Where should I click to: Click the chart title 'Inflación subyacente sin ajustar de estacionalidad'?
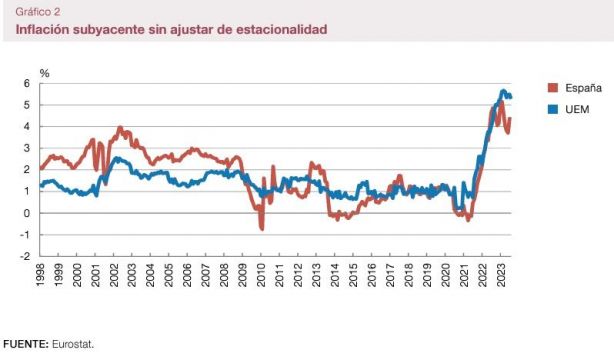[x=171, y=30]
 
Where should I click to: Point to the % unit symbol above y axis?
[x=44, y=73]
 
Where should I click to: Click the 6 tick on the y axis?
[x=26, y=83]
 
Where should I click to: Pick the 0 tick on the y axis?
[x=26, y=213]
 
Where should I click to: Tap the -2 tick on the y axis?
[x=24, y=256]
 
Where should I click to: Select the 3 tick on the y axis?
[x=26, y=148]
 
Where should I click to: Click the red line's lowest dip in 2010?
[x=262, y=228]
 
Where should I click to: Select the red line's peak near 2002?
[x=120, y=128]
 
